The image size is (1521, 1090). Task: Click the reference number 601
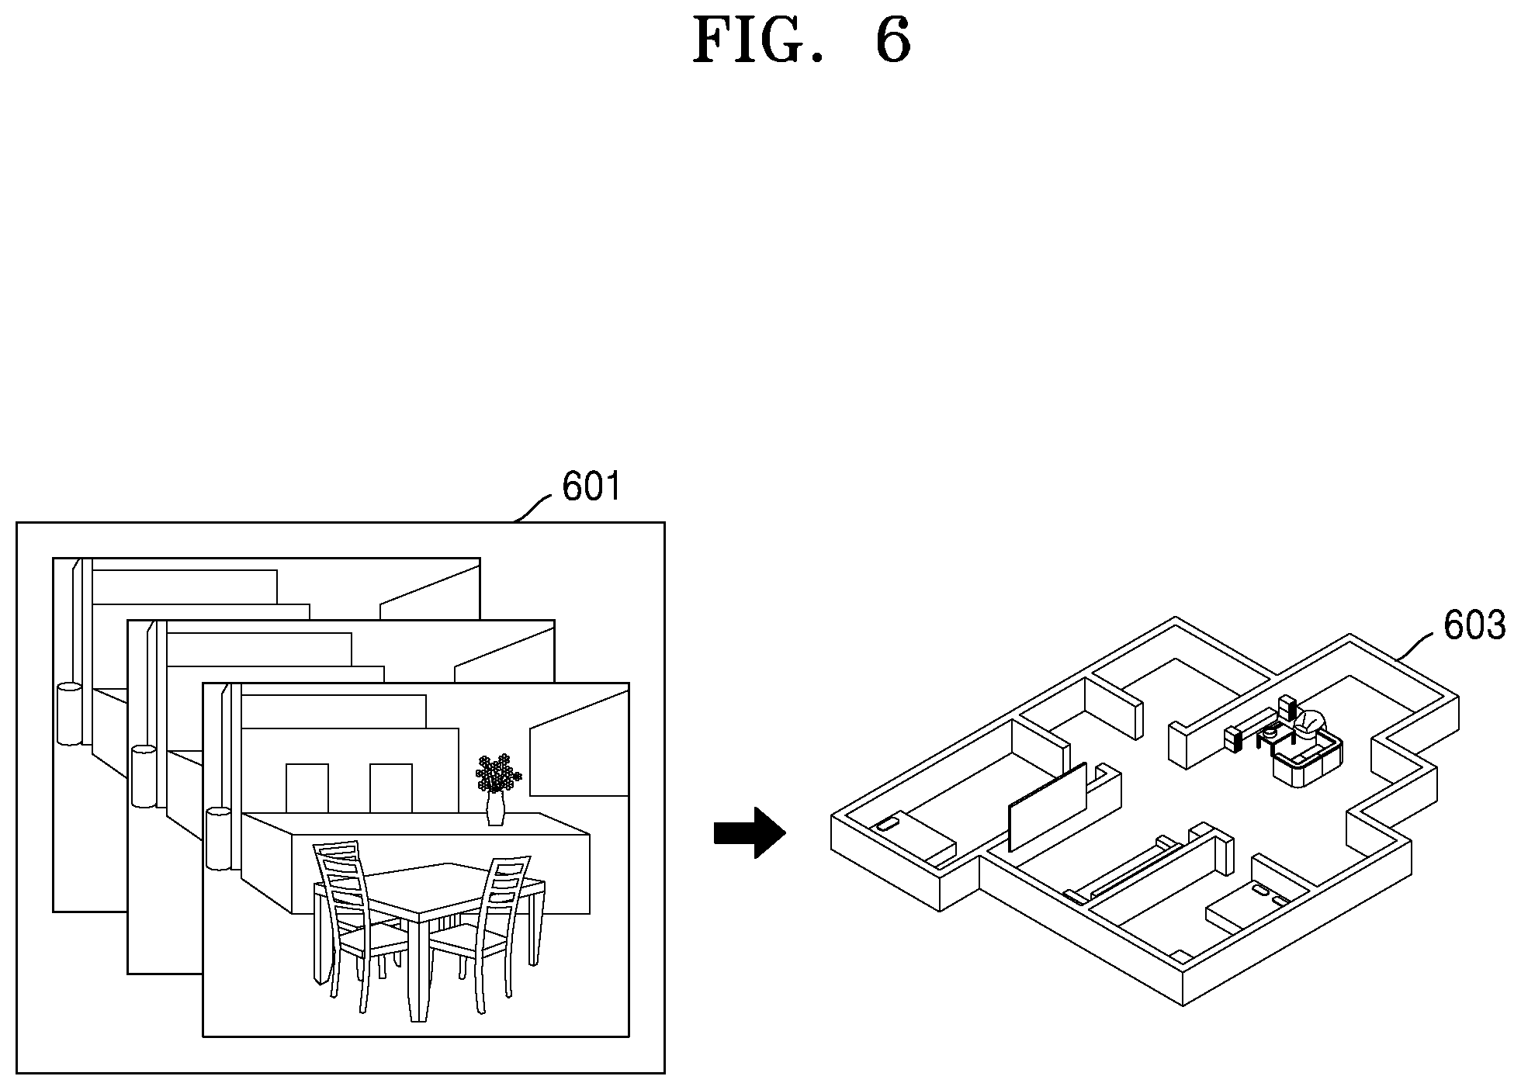(x=591, y=487)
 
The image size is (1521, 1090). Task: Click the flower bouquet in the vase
(x=498, y=773)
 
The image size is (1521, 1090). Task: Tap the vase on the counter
(x=495, y=808)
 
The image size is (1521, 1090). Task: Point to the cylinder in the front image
(x=219, y=839)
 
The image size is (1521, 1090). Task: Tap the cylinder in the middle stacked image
(x=144, y=777)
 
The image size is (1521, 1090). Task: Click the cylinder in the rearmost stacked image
(x=69, y=714)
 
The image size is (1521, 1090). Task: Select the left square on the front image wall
(x=307, y=787)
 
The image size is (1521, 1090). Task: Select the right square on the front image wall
(x=390, y=787)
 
